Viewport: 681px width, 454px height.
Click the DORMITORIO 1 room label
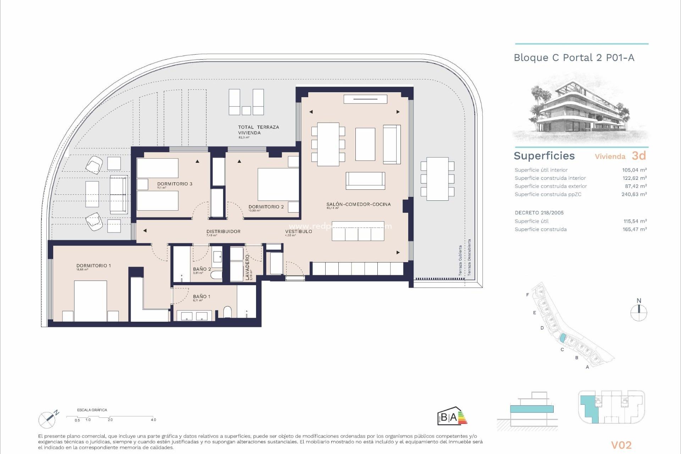click(x=94, y=266)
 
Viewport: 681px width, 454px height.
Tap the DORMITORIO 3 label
click(x=175, y=184)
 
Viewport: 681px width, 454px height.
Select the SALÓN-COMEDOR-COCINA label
click(x=358, y=204)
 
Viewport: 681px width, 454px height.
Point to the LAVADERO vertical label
click(x=248, y=267)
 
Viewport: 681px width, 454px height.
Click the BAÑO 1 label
click(x=201, y=297)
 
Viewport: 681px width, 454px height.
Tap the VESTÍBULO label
click(x=298, y=231)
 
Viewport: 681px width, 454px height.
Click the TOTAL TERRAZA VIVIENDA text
click(x=258, y=130)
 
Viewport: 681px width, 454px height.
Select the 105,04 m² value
click(x=634, y=170)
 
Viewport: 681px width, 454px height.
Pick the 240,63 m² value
click(x=634, y=194)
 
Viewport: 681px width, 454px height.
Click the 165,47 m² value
click(x=635, y=229)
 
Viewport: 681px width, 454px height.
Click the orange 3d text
click(x=639, y=156)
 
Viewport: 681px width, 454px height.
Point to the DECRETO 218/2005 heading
click(x=539, y=213)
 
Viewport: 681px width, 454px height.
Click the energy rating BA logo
click(x=452, y=416)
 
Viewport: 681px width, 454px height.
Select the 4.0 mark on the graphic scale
click(x=153, y=420)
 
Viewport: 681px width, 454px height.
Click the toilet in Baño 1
click(x=227, y=312)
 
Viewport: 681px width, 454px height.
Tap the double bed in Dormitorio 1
click(x=90, y=301)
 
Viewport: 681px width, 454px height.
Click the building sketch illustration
click(x=580, y=108)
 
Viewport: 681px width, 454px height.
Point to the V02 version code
click(x=621, y=445)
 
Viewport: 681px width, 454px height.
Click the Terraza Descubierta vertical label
click(x=469, y=257)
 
